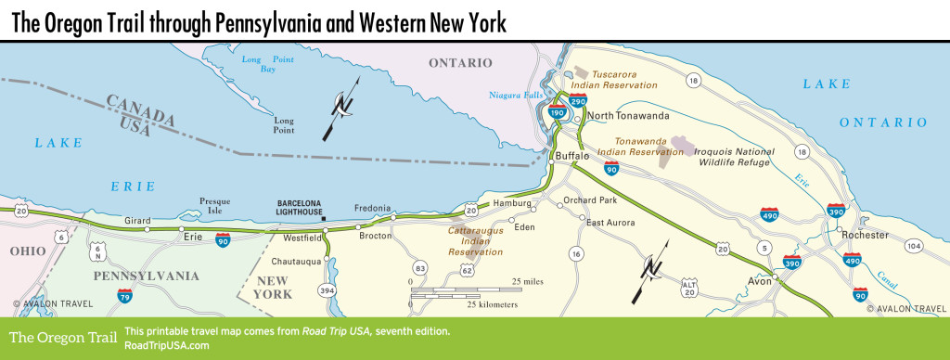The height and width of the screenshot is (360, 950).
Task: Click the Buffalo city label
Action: coord(572,156)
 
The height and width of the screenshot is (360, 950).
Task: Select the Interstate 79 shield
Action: coord(123,296)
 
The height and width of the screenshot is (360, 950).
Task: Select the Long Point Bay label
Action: coord(260,64)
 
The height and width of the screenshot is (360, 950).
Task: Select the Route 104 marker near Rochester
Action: coord(914,246)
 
